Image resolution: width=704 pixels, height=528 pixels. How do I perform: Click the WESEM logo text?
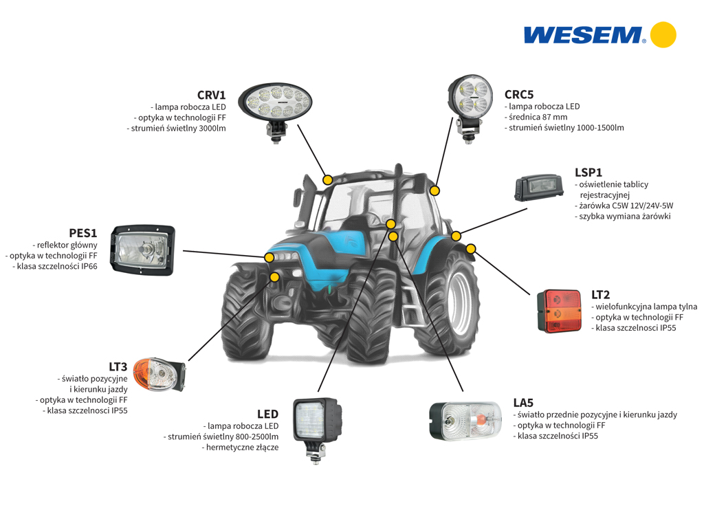pos(584,35)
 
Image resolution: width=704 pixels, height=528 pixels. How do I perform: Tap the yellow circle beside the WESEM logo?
pos(663,34)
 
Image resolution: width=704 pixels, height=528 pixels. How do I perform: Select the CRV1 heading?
pos(212,95)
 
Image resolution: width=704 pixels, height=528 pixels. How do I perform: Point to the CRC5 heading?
pos(519,95)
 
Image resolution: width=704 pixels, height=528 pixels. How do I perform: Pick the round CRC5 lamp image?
pos(470,108)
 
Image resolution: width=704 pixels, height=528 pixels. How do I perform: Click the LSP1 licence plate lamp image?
pos(538,188)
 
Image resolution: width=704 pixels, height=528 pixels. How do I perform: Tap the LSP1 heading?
pos(588,173)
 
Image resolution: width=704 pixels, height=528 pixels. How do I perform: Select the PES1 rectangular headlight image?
pos(143,250)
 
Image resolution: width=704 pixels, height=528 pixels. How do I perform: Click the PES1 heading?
pos(83,233)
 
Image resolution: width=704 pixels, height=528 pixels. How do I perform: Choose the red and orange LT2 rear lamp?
pos(560,311)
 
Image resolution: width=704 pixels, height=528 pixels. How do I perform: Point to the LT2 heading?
pos(600,295)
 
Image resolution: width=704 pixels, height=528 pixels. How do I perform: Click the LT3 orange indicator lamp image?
pos(159,375)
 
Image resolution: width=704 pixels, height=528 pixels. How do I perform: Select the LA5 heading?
pos(523,403)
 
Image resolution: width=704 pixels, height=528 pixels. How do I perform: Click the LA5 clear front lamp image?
pos(465,421)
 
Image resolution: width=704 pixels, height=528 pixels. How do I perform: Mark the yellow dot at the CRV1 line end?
pos(328,180)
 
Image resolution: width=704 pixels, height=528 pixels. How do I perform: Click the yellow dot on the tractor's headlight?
pos(269,257)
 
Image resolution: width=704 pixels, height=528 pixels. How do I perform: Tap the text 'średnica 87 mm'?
pos(538,117)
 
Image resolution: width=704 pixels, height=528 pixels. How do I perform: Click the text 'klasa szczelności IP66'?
pos(57,266)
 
